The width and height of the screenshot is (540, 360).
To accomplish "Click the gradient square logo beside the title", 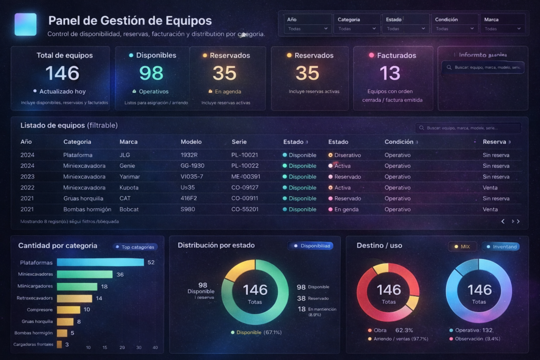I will pyautogui.click(x=25, y=24).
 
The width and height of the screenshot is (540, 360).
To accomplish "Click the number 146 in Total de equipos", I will pyautogui.click(x=62, y=73).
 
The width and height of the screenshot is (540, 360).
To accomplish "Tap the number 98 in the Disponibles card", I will pyautogui.click(x=151, y=73).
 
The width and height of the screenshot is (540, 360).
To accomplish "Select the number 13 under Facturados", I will pyautogui.click(x=390, y=73).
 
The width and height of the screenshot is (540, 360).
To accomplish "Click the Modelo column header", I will pyautogui.click(x=191, y=142).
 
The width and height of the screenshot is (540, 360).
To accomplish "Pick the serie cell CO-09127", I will pyautogui.click(x=245, y=188).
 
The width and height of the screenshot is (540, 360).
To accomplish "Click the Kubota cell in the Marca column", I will pyautogui.click(x=129, y=188).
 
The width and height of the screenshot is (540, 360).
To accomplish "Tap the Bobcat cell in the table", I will pyautogui.click(x=130, y=209).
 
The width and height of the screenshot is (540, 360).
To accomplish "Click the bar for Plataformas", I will pyautogui.click(x=100, y=262).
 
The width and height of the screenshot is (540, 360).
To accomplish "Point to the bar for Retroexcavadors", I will pyautogui.click(x=74, y=298).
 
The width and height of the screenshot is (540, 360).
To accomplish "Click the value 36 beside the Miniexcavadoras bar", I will pyautogui.click(x=120, y=275).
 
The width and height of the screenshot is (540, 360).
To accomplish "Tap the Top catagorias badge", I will pyautogui.click(x=135, y=247).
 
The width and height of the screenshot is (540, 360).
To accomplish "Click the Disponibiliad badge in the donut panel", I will pyautogui.click(x=311, y=246).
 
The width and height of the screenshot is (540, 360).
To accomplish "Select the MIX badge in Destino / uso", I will pyautogui.click(x=462, y=247).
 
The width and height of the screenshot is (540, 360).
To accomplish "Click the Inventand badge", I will pyautogui.click(x=500, y=247).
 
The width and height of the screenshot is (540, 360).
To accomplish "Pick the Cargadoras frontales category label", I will pyautogui.click(x=33, y=345).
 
